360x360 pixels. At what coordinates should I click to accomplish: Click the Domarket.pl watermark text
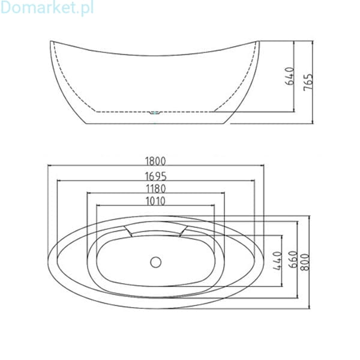coord(47,8)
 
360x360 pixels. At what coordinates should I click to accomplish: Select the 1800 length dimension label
coord(155,161)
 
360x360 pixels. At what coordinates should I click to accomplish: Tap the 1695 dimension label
coord(155,176)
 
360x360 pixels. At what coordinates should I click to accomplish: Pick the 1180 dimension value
coord(155,189)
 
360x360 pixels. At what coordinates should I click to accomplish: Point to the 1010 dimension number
coord(155,201)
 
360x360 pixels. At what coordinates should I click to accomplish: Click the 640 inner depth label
coord(289,76)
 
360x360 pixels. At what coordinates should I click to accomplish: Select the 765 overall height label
coord(308,82)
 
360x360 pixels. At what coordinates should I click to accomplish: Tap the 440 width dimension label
coord(277,261)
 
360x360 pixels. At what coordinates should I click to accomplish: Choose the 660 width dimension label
coord(293,259)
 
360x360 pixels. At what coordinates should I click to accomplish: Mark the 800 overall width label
coord(305,262)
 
